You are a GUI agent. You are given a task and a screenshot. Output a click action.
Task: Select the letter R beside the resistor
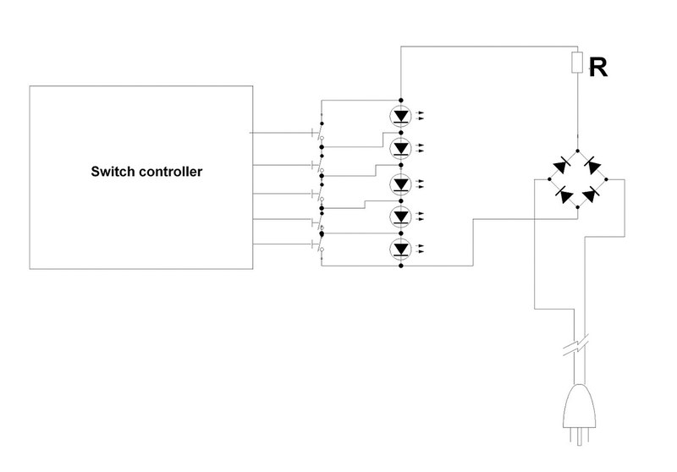[x=598, y=69]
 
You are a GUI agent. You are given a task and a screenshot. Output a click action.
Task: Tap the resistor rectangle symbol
[x=577, y=62]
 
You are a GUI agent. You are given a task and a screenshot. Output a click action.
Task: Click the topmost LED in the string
[x=401, y=116]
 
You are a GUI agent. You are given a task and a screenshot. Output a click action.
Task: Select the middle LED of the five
[x=401, y=184]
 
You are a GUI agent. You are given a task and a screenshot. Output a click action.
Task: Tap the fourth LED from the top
[x=401, y=217]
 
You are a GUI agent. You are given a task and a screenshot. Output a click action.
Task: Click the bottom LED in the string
[x=401, y=250]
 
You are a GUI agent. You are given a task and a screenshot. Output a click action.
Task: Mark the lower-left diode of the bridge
[x=561, y=195]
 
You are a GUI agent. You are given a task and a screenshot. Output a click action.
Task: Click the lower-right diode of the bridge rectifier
[x=593, y=195]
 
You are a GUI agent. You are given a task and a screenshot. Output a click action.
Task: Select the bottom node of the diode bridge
[x=577, y=211]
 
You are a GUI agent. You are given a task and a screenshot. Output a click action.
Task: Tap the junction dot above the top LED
[x=401, y=99]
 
